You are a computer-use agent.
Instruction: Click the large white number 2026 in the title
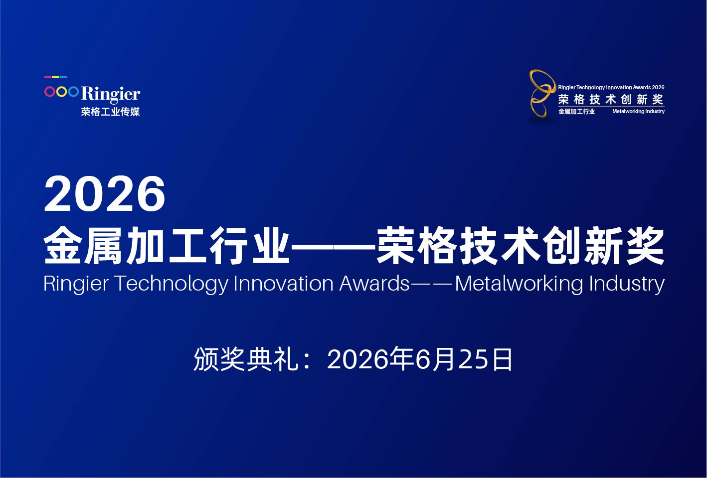[x=105, y=193]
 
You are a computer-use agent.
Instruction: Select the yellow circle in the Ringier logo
[x=61, y=92]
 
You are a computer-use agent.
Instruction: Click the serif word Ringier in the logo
[x=111, y=94]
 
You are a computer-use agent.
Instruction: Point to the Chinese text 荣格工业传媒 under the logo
[x=110, y=112]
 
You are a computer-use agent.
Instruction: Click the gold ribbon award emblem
[x=542, y=93]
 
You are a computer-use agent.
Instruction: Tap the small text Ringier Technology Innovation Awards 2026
[x=611, y=87]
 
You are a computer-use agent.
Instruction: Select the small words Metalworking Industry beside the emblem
[x=638, y=111]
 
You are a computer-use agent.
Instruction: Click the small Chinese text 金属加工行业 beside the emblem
[x=576, y=111]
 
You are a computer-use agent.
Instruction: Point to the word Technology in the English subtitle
[x=172, y=284]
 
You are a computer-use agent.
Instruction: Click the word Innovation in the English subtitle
[x=283, y=283]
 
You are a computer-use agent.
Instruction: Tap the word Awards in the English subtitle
[x=374, y=283]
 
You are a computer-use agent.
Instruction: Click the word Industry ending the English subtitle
[x=627, y=284]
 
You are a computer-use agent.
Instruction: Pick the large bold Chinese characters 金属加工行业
[x=167, y=245]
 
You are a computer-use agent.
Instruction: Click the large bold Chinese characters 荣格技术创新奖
[x=521, y=245]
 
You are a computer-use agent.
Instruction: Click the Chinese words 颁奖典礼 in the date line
[x=246, y=359]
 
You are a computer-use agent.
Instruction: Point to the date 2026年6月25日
[x=419, y=359]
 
